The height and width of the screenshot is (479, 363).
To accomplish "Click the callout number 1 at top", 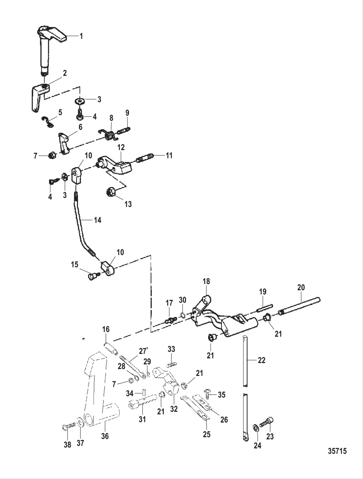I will coord(81,36).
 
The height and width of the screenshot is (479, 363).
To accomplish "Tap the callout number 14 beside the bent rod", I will coord(97,220).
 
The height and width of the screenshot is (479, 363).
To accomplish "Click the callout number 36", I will coord(105,436).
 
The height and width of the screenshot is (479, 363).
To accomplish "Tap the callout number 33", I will coord(171,349).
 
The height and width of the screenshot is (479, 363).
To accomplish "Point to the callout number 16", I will coord(106,330).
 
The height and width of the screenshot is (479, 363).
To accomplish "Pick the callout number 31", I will coord(142,419).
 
